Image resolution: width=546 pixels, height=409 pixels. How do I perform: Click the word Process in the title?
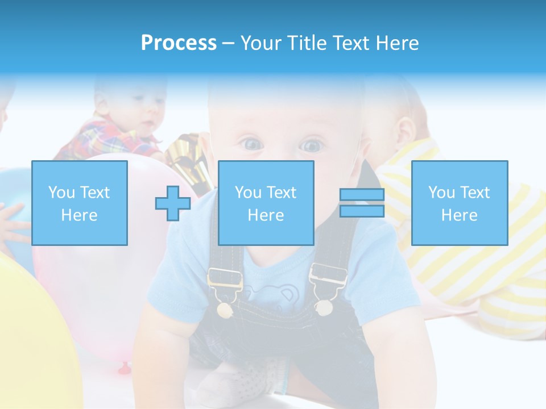click(179, 43)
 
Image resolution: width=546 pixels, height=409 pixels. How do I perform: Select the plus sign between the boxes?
click(173, 203)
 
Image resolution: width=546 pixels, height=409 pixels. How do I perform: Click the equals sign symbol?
click(362, 203)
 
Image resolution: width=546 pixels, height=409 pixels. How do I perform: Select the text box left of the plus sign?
click(80, 203)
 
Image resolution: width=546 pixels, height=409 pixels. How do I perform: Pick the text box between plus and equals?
click(266, 203)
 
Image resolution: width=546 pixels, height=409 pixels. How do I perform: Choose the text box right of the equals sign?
click(460, 203)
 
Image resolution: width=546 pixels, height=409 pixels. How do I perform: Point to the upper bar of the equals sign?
click(362, 195)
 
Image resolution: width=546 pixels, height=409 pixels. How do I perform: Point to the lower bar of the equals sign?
click(362, 211)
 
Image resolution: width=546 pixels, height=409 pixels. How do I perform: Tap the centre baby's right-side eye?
click(311, 146)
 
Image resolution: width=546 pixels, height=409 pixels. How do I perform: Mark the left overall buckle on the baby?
click(225, 284)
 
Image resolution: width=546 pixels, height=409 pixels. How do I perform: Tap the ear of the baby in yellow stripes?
click(404, 131)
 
